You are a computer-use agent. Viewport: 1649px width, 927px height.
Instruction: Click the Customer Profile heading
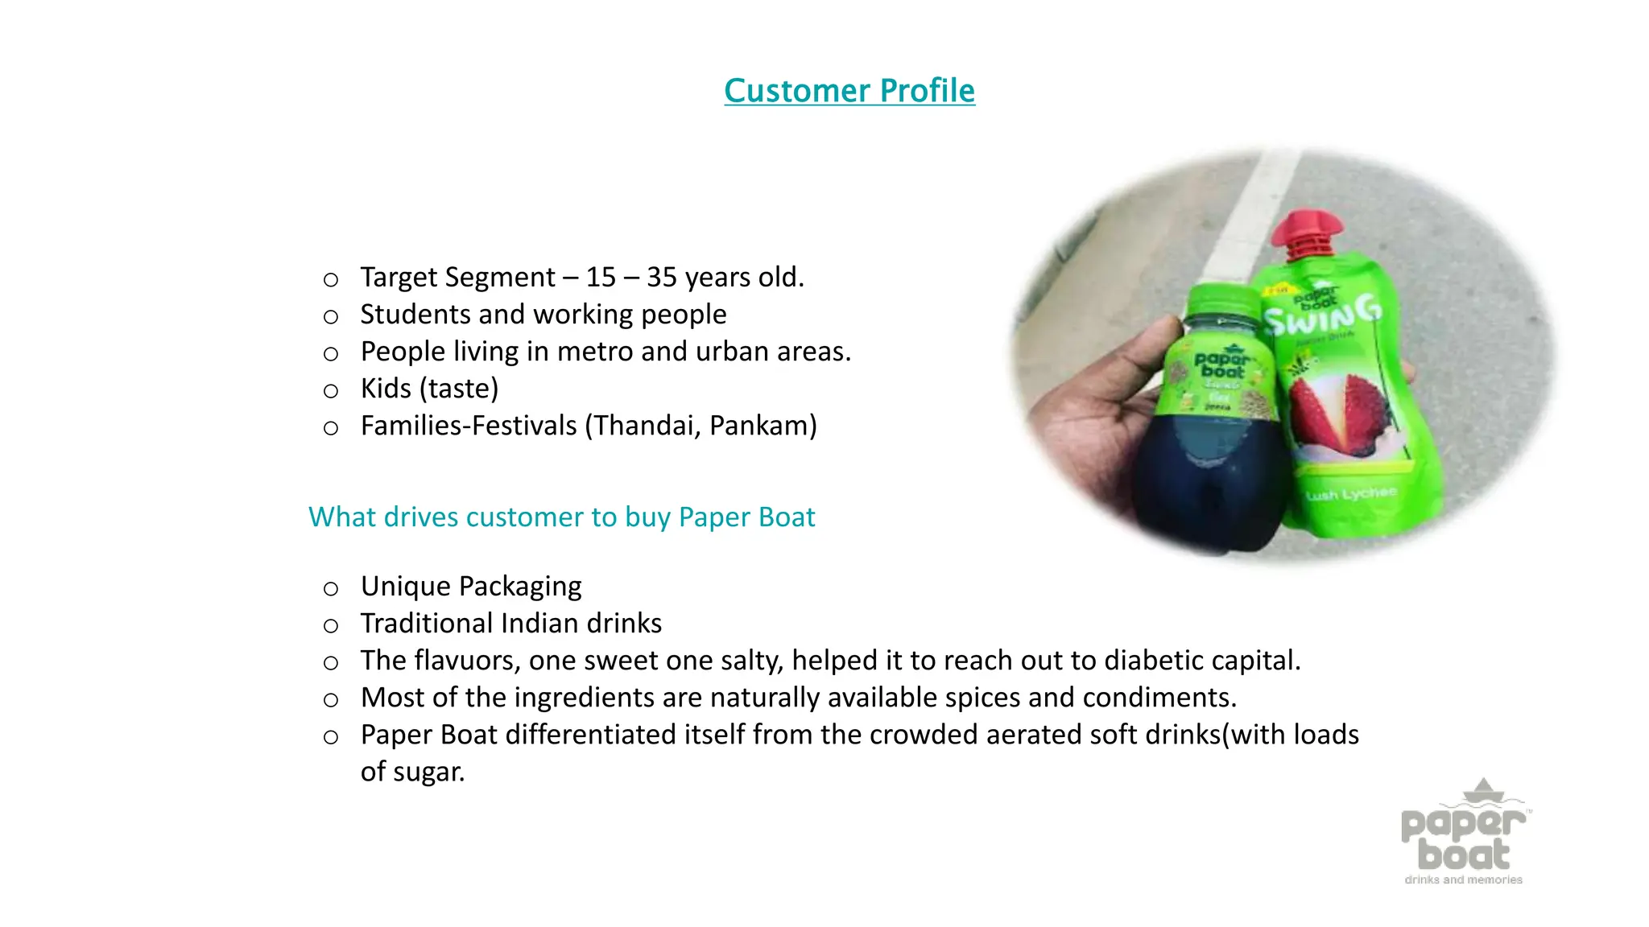point(849,91)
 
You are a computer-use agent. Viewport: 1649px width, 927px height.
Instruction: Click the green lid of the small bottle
point(1220,305)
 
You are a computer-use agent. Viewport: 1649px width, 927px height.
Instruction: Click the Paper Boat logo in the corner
point(1464,834)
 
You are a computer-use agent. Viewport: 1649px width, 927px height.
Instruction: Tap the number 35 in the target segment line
point(661,278)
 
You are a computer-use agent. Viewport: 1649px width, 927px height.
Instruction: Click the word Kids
point(386,389)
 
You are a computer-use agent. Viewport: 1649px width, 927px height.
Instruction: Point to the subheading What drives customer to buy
point(561,517)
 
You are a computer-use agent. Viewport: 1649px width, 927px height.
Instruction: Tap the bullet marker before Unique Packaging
point(330,589)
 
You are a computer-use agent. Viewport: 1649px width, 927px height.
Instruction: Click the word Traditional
point(426,624)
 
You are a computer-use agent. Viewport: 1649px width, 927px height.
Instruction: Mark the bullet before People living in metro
point(330,354)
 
